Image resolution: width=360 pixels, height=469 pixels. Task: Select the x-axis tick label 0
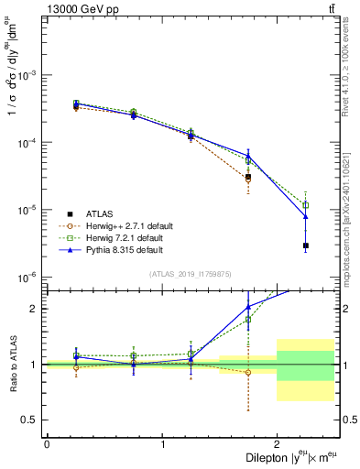tap(47, 444)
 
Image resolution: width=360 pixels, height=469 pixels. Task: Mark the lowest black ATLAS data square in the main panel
tap(306, 245)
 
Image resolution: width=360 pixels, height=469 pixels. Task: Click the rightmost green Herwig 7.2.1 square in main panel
tap(306, 205)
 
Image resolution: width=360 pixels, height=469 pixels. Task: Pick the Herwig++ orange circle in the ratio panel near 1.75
tap(248, 372)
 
